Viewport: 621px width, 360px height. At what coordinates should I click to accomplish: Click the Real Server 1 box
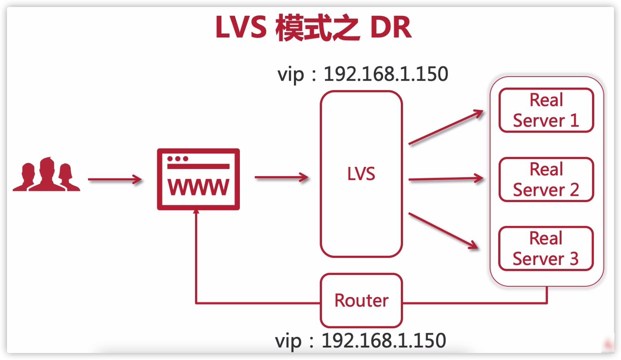coord(546,110)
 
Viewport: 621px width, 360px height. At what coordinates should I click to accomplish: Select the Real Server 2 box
coord(546,180)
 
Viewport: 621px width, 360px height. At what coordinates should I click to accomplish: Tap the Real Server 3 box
coord(546,248)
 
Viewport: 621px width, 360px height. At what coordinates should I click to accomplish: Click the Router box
coord(361,301)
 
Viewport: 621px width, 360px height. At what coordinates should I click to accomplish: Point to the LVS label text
coord(361,174)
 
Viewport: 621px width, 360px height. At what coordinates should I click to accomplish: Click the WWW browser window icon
coord(198,179)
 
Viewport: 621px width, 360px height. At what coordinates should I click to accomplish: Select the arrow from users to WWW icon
coord(115,180)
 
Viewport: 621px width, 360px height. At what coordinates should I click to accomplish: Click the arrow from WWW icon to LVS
coord(281,178)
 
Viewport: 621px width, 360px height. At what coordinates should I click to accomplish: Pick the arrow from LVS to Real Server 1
coord(446,127)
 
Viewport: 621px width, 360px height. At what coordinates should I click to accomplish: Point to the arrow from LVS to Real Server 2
coord(446,179)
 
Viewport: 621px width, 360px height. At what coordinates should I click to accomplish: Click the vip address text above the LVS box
coord(363,74)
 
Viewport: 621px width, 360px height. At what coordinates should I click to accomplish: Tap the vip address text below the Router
coord(360,341)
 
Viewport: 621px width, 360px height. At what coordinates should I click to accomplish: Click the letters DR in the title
coord(390,27)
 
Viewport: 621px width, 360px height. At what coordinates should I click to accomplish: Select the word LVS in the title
coord(241,27)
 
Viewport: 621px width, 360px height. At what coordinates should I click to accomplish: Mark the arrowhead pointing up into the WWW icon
coord(196,212)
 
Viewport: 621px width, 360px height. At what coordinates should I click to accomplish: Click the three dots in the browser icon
coord(178,159)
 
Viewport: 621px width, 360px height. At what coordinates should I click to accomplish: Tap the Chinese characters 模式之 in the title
coord(317,27)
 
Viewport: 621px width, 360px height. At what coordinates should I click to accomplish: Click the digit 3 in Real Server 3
coord(574,259)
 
